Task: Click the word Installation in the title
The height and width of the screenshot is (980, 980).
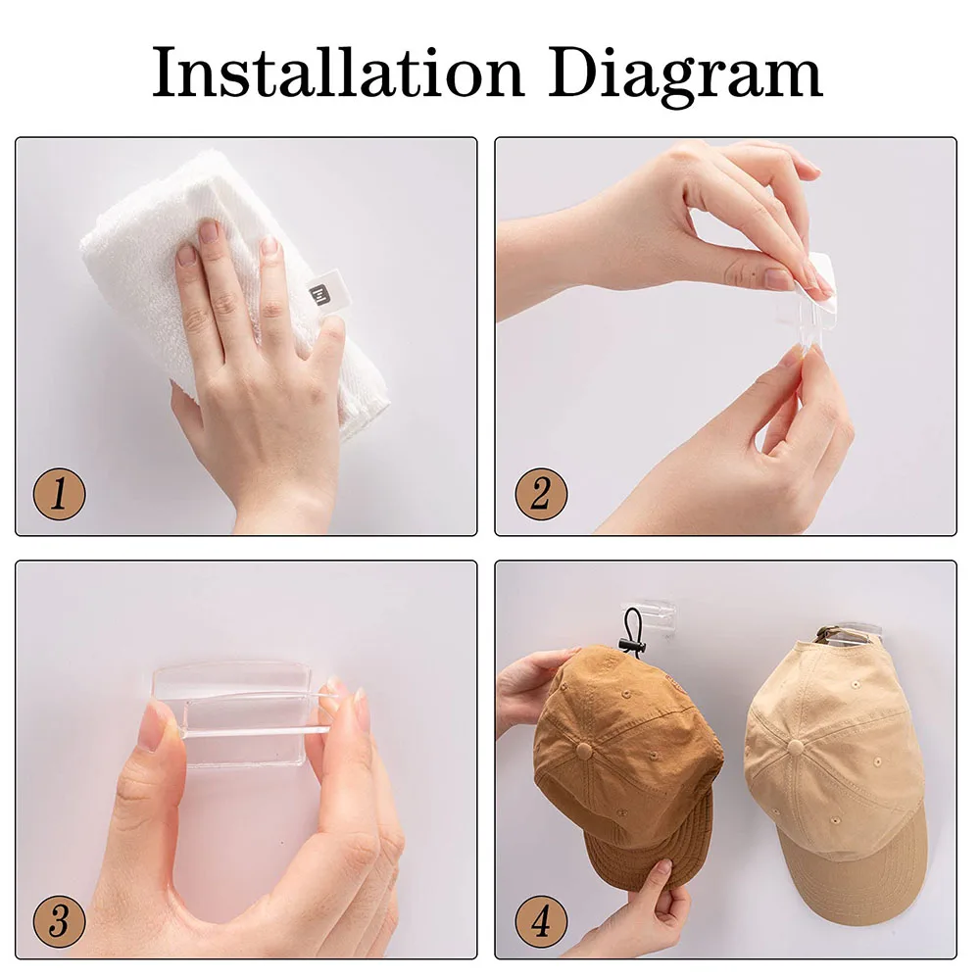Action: click(x=337, y=73)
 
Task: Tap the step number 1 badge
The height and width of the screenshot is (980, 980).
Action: click(x=60, y=494)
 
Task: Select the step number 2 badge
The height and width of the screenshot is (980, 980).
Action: click(x=541, y=494)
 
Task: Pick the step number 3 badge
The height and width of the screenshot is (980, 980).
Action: click(x=60, y=921)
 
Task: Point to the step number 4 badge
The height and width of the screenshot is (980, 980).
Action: click(x=541, y=921)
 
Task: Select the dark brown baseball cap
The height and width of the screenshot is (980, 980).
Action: click(x=625, y=762)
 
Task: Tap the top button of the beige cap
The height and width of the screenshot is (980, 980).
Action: click(x=796, y=747)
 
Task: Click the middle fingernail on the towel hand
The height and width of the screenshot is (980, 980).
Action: click(x=210, y=231)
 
